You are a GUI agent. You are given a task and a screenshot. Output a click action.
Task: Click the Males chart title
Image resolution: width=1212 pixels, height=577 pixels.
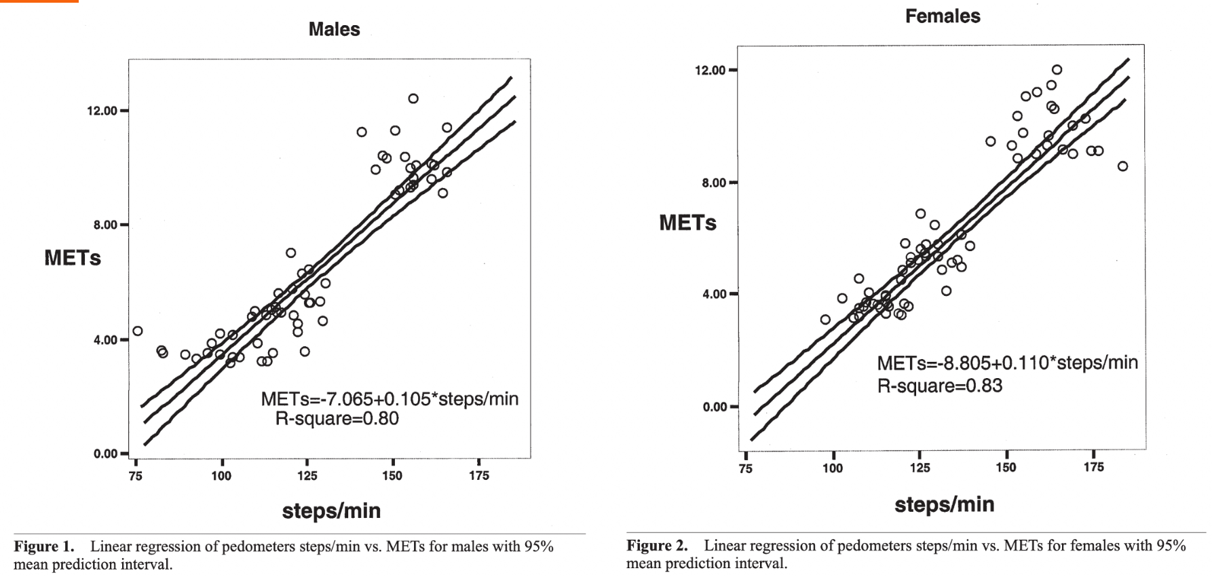(334, 29)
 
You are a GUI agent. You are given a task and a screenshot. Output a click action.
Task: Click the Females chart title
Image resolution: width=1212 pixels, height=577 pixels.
(943, 16)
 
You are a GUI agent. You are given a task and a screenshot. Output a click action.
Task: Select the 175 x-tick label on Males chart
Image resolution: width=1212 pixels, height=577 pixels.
(479, 476)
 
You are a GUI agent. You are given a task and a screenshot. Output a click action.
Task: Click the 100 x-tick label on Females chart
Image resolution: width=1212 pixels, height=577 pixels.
(833, 468)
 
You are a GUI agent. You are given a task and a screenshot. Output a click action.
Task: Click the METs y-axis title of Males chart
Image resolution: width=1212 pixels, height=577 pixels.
(73, 258)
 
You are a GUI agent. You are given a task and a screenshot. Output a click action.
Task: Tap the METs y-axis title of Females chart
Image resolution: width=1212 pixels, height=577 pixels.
(687, 223)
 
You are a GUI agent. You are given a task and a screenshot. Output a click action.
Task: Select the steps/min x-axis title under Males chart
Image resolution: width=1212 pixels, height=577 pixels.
(331, 510)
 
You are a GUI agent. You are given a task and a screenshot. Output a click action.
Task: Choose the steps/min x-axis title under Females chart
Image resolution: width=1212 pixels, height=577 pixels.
(944, 504)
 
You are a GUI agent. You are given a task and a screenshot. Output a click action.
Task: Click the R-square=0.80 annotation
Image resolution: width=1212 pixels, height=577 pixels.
(337, 419)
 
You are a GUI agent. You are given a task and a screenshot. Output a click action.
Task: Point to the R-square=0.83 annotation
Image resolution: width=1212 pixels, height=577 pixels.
(939, 386)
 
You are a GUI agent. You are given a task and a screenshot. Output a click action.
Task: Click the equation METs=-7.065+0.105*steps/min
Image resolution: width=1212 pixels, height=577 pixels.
(390, 399)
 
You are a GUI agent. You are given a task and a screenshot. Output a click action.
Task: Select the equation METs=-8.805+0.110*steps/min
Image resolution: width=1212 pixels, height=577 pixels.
(1007, 363)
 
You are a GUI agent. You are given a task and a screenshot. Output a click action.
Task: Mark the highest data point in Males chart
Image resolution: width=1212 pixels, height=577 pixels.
(413, 98)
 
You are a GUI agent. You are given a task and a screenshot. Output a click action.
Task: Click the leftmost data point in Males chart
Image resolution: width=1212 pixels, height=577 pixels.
(138, 331)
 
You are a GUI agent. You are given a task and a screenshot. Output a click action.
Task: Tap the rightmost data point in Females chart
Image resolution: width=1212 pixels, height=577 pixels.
(1122, 166)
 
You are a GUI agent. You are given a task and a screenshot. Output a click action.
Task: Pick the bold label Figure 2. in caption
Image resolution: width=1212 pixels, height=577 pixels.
(657, 546)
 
